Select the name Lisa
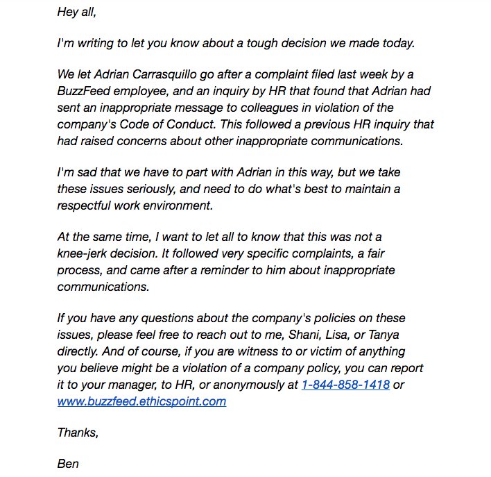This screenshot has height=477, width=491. pyautogui.click(x=326, y=334)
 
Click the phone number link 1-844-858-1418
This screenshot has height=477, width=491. pyautogui.click(x=345, y=384)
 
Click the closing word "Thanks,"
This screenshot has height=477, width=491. pyautogui.click(x=78, y=433)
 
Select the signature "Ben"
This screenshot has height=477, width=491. pyautogui.click(x=68, y=463)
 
